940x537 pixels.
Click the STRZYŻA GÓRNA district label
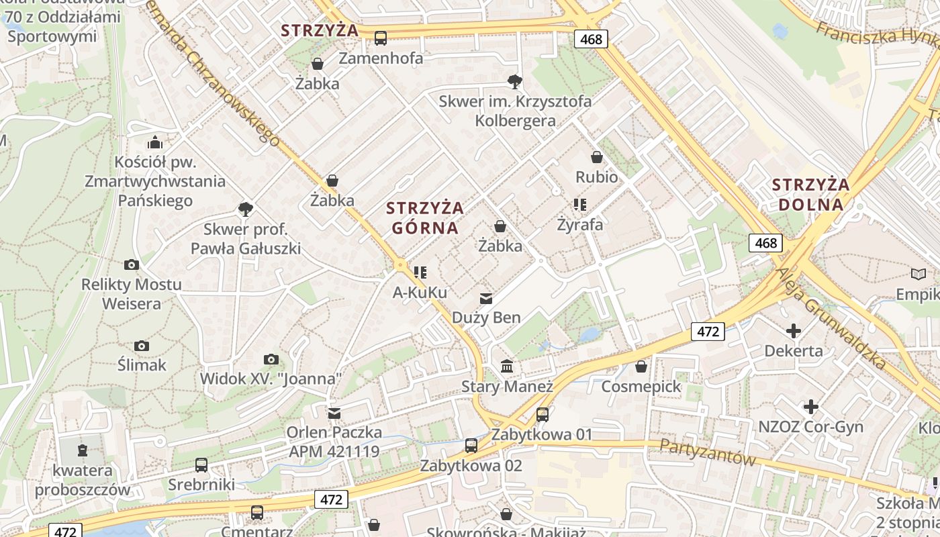[424, 217]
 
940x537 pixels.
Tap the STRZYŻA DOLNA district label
[810, 194]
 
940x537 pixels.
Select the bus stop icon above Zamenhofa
[381, 38]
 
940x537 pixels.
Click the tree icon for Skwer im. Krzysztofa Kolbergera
[515, 82]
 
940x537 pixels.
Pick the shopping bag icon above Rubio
[596, 158]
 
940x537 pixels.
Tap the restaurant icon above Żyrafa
[580, 204]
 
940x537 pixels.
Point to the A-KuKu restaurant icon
[420, 273]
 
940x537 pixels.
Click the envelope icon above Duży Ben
[486, 298]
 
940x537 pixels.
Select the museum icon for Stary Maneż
[507, 367]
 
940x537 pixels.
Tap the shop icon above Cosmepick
[641, 367]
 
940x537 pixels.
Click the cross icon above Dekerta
[794, 331]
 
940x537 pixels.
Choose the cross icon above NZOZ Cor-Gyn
[811, 407]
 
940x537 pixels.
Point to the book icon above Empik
[918, 274]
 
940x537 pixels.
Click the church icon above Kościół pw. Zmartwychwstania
[155, 142]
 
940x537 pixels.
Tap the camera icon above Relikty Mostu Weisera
[132, 264]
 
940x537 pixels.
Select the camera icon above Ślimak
[142, 346]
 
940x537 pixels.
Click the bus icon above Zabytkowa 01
[542, 415]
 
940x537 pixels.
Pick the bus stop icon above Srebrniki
[201, 465]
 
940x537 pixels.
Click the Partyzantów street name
[707, 452]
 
